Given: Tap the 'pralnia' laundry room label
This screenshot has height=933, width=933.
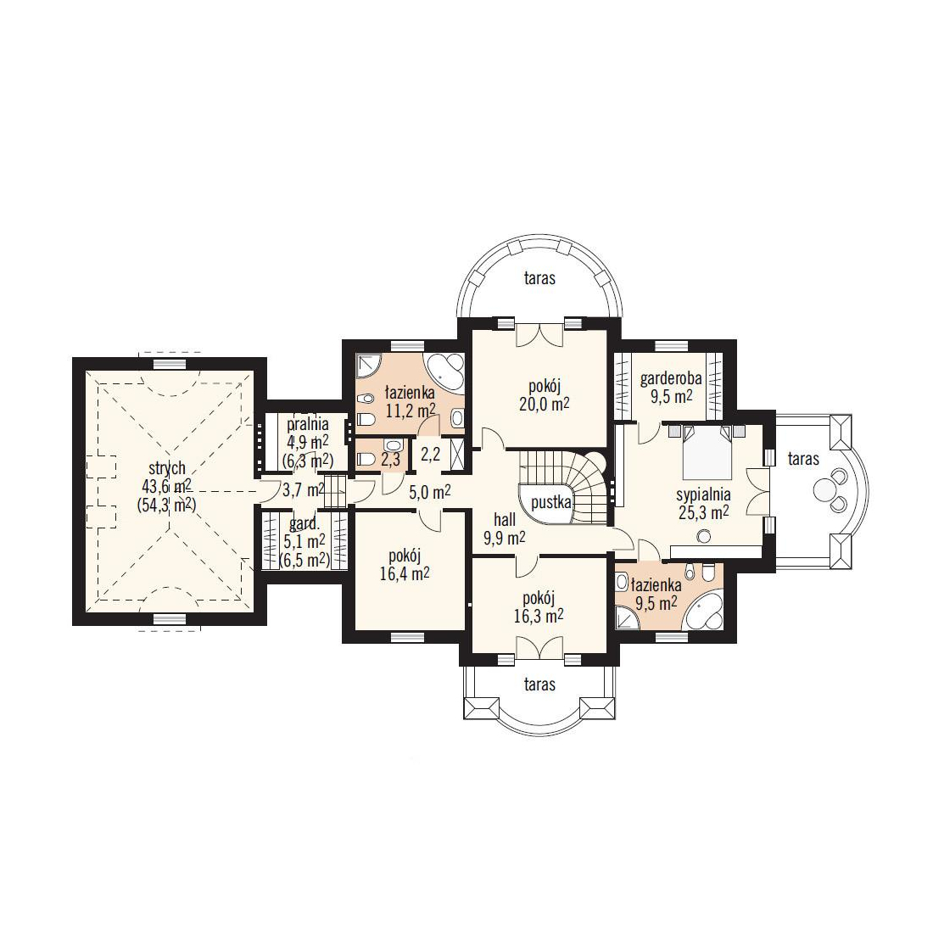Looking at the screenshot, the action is [308, 425].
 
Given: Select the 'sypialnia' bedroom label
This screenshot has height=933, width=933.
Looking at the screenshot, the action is [703, 494].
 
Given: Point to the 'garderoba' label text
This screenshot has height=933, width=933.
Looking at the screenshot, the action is [671, 378].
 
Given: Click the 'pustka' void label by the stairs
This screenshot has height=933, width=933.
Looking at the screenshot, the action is [551, 503].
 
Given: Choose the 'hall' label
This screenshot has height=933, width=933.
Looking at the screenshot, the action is [505, 520].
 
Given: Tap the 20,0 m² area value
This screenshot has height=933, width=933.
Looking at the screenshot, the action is [544, 404].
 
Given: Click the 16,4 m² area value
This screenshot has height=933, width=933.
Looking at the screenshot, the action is [405, 573].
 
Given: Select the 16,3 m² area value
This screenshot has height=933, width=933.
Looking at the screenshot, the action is [539, 615].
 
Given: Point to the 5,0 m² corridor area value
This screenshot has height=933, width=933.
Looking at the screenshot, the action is [430, 491].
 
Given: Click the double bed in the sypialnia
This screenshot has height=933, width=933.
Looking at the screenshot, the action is [707, 452].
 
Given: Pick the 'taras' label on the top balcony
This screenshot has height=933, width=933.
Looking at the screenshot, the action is [539, 278].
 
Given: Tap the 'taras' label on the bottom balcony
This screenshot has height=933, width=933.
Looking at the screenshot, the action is [539, 684].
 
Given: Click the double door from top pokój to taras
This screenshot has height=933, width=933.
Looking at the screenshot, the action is [539, 334].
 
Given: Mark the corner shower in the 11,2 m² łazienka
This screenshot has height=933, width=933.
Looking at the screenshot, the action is [368, 366].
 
